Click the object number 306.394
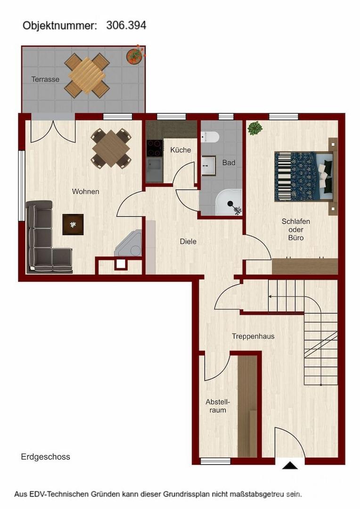tap(126, 25)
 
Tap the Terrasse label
tap(45, 79)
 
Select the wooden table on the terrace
tap(87, 75)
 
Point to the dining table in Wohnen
tap(111, 148)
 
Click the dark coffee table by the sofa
tap(73, 224)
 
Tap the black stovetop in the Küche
tap(155, 148)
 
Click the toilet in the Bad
tap(209, 137)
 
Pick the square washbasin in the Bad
tap(208, 166)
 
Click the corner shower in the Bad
tap(229, 202)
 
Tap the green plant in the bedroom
tap(255, 128)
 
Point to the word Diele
tap(188, 241)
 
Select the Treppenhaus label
tap(253, 337)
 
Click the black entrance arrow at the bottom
tap(290, 466)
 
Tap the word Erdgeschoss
tap(45, 457)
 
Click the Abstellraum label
tap(218, 406)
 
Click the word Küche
tap(181, 150)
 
